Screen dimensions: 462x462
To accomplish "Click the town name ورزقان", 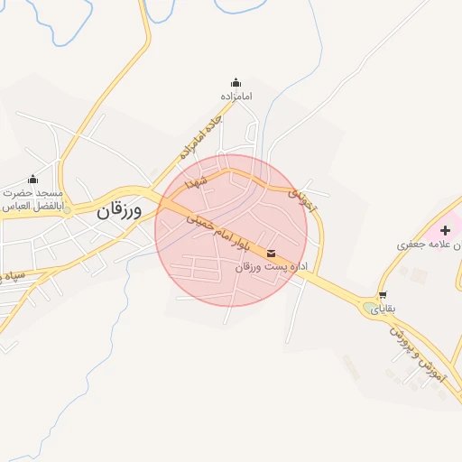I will tap(120, 212).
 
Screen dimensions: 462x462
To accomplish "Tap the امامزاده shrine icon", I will tap(236, 83).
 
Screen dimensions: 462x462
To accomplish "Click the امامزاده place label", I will tap(236, 96).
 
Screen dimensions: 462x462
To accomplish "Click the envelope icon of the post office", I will tap(272, 254).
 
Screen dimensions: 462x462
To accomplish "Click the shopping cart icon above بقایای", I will tap(383, 295).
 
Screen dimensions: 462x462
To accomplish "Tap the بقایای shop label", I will tap(383, 308).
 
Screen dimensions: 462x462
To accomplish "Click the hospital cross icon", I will tap(445, 230).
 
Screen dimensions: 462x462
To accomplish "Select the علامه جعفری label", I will tap(432, 245).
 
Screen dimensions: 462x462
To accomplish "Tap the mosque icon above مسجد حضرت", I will tap(33, 179).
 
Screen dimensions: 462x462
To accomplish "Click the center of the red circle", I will tap(231, 230).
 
